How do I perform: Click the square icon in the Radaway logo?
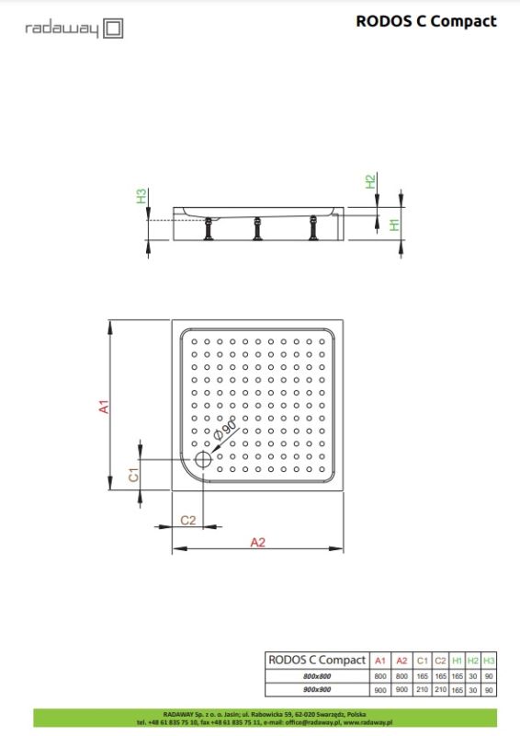113,29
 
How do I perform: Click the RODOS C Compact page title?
426,21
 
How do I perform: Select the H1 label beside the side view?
393,224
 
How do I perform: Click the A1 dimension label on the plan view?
105,405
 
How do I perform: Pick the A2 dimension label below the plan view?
257,542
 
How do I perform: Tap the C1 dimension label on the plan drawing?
133,475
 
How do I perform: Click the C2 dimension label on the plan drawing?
188,520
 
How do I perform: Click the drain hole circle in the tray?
202,461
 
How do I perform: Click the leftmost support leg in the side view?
210,227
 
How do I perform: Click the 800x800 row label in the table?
316,676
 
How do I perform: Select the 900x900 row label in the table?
316,690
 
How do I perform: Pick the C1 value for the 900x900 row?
423,690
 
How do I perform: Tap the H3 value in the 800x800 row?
489,676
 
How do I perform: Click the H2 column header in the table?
473,660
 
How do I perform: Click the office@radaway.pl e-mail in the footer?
310,722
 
